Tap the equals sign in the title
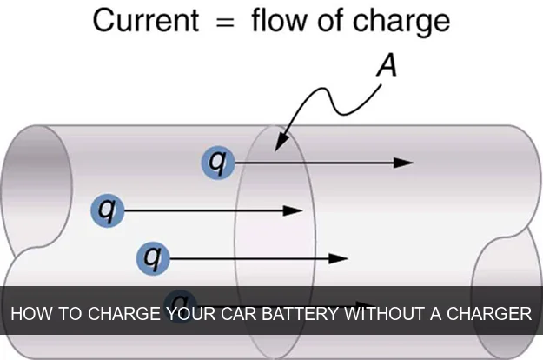(225, 21)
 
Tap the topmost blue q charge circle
(218, 162)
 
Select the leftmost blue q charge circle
(108, 210)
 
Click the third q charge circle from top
(154, 257)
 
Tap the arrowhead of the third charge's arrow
(340, 257)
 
